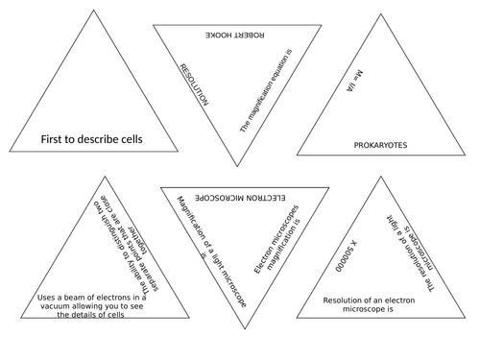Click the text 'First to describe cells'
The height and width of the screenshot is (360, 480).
tap(91, 139)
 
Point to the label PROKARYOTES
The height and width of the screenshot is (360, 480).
tap(382, 145)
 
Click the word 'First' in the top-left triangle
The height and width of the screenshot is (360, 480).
tap(53, 139)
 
